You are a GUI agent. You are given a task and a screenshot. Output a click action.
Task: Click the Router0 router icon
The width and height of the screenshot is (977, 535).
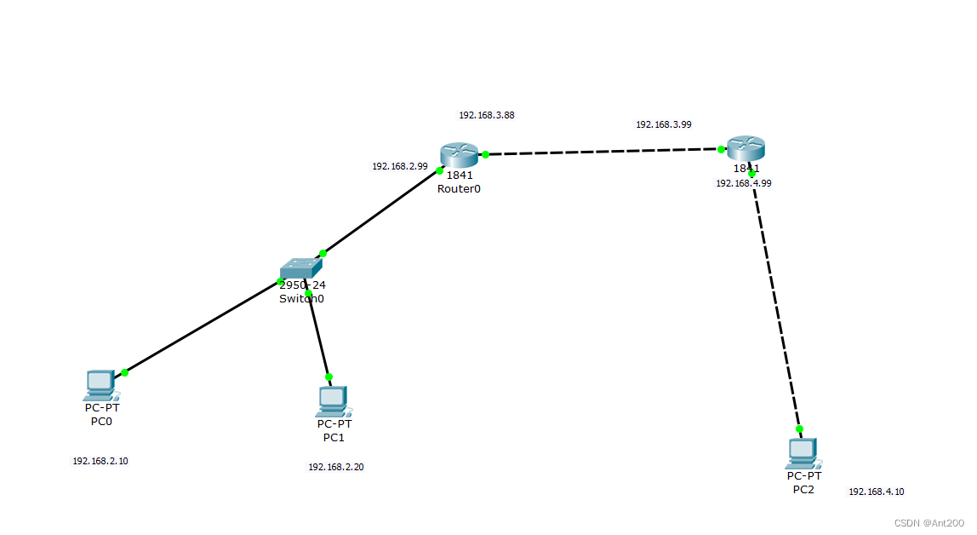click(460, 155)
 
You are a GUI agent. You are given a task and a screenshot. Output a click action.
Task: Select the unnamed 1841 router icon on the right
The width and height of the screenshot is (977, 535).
click(746, 148)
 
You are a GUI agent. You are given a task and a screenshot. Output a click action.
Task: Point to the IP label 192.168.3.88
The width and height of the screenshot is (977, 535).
click(486, 115)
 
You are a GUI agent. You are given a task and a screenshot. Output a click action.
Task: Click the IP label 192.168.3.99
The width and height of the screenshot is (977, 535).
click(663, 124)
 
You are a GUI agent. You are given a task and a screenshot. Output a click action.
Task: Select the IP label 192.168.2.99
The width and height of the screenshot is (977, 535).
click(399, 167)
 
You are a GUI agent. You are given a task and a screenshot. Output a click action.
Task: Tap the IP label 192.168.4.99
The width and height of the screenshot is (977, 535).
click(743, 183)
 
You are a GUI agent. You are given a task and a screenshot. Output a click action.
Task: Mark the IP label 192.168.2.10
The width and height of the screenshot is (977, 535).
click(100, 461)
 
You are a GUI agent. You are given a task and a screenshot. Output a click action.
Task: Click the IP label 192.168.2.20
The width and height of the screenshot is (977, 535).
click(335, 467)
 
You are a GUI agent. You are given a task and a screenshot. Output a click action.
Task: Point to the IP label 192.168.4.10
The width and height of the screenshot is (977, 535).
click(876, 492)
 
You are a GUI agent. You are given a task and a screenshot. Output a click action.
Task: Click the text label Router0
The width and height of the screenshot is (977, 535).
click(459, 189)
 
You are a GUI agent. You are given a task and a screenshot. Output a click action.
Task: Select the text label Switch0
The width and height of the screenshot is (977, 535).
click(301, 299)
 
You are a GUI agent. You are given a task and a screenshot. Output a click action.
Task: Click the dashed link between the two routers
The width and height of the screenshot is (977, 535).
click(603, 152)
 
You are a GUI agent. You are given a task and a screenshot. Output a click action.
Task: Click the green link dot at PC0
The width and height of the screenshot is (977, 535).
click(124, 372)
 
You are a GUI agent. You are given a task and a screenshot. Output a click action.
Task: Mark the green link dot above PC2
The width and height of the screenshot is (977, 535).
click(799, 429)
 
